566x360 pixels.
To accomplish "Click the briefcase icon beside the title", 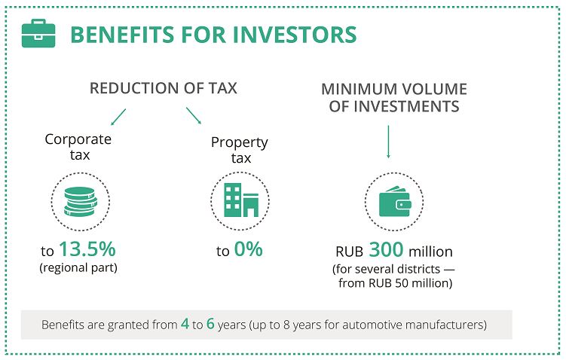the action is click(x=38, y=33).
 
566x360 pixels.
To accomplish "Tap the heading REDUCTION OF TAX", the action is click(x=163, y=88).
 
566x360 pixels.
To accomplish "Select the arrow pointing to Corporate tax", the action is click(x=118, y=117).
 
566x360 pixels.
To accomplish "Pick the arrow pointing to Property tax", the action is click(x=194, y=116).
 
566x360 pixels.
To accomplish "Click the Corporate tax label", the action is click(x=78, y=147).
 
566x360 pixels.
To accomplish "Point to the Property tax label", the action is click(x=240, y=150).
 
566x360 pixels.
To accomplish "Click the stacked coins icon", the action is click(x=81, y=202).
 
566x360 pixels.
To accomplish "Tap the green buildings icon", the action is click(x=241, y=200).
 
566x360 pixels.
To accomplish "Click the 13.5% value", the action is click(x=87, y=249).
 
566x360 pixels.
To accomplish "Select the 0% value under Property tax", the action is click(x=249, y=249).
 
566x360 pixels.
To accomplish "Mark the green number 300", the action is click(x=386, y=249).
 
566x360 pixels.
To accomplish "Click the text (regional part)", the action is click(x=78, y=268).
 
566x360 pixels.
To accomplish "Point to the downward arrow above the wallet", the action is click(x=388, y=142).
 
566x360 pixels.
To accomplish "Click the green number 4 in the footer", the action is click(x=185, y=324).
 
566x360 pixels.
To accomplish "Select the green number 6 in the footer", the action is click(x=210, y=324).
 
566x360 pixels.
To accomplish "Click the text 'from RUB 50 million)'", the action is click(x=395, y=283).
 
